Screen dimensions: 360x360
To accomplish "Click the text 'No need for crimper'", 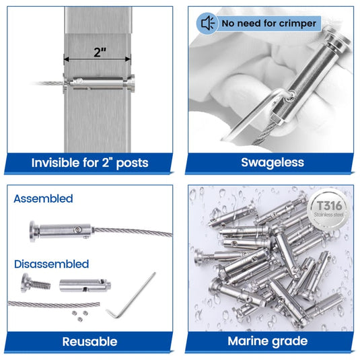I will pyautogui.click(x=267, y=24).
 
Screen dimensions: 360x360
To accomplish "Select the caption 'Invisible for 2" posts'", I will pyautogui.click(x=89, y=162).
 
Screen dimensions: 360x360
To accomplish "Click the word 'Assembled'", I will pyautogui.click(x=43, y=199).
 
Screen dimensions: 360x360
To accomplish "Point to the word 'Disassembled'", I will pyautogui.click(x=51, y=264).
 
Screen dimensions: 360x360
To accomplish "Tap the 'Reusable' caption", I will pyautogui.click(x=89, y=341).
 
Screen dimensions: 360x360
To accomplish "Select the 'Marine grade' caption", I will pyautogui.click(x=268, y=341).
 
